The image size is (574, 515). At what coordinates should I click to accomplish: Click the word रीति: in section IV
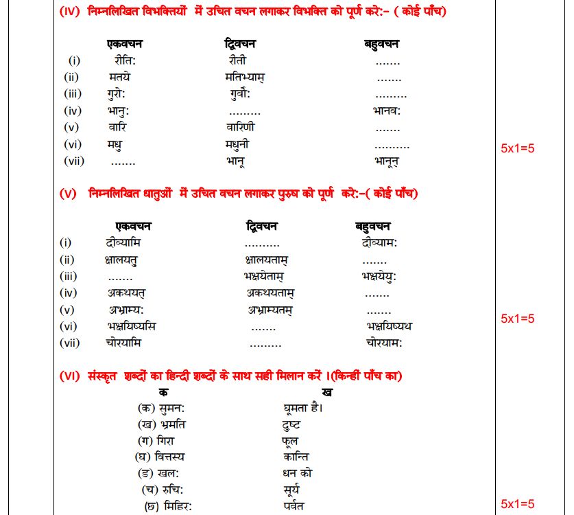click(x=125, y=60)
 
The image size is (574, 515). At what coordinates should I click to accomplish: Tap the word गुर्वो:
click(x=240, y=94)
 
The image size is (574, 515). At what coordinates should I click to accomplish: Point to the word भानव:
click(x=387, y=111)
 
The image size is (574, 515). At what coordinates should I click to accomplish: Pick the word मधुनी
click(x=237, y=144)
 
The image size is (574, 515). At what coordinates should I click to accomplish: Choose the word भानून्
click(x=387, y=161)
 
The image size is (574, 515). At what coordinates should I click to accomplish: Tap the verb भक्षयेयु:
click(x=379, y=276)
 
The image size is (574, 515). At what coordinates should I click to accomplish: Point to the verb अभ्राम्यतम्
click(x=270, y=310)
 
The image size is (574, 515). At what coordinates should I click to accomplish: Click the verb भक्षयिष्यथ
click(x=390, y=326)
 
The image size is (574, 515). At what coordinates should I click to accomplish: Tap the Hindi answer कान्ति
click(x=296, y=457)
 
